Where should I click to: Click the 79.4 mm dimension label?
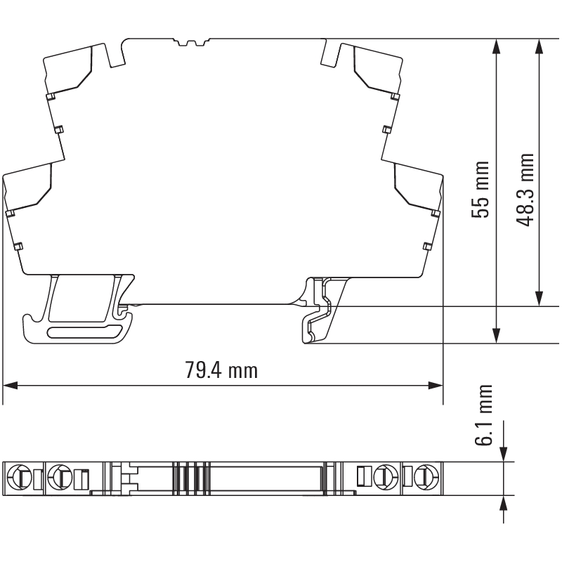(221, 370)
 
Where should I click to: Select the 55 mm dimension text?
(481, 190)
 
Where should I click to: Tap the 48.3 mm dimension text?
(525, 190)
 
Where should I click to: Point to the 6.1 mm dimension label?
(483, 415)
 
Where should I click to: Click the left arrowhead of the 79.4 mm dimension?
(10, 386)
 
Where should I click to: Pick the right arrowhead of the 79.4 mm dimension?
(436, 386)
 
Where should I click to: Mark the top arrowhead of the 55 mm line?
(496, 46)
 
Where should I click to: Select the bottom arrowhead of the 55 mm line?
(496, 336)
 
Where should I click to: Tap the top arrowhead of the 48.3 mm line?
(538, 46)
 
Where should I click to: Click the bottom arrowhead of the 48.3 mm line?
(538, 299)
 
